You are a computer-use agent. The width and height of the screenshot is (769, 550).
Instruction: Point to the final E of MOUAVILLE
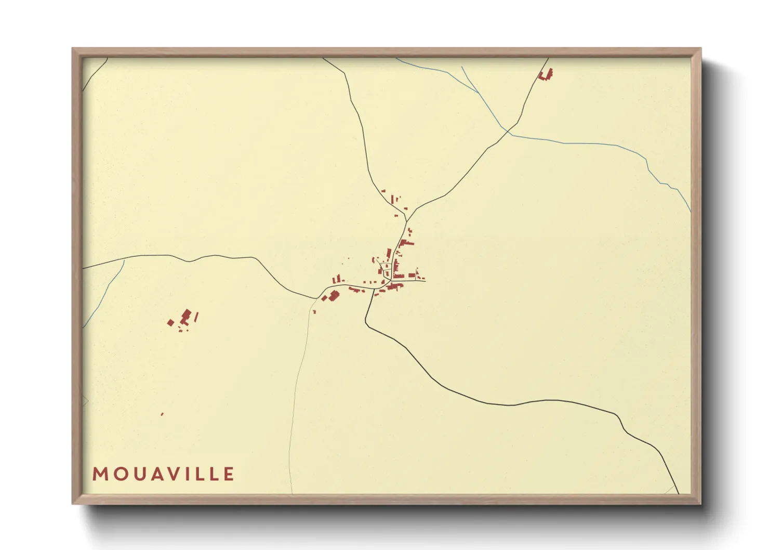(229, 474)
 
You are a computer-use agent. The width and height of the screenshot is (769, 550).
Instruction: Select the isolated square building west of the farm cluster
(170, 323)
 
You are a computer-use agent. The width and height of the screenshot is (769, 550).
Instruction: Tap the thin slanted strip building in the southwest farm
(196, 316)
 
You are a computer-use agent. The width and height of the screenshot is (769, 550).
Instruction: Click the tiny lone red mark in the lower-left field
(162, 414)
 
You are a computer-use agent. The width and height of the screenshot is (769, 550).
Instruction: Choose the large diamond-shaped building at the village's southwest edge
(334, 295)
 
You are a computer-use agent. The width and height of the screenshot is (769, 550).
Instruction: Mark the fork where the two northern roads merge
(406, 221)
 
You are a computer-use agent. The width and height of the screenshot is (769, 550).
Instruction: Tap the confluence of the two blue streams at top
(478, 93)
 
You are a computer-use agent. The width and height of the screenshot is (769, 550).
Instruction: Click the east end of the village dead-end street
(425, 281)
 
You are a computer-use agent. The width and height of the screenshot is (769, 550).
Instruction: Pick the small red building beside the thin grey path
(314, 311)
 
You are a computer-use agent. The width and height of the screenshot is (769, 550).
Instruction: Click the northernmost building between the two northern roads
(383, 191)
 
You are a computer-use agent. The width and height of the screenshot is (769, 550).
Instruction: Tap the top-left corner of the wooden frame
(73, 49)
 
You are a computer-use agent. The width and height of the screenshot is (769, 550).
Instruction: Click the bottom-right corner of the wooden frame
(700, 503)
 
